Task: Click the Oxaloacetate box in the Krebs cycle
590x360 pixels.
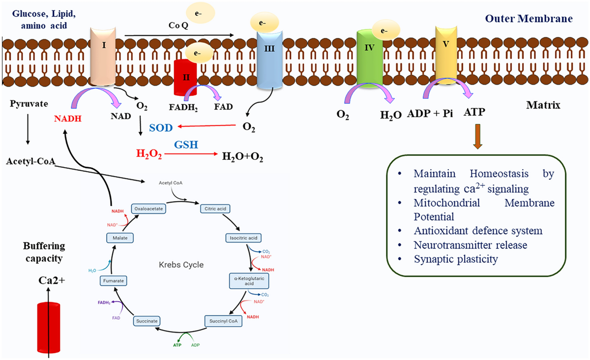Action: [148, 209]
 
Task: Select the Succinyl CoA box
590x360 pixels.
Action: [223, 321]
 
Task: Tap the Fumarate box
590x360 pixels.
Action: [114, 281]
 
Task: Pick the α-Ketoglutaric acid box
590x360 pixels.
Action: [249, 281]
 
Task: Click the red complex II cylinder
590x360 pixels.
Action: [185, 78]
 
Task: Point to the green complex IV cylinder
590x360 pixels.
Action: [370, 59]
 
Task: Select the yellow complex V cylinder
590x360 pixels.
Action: [446, 55]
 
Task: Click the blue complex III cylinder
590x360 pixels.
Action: [269, 60]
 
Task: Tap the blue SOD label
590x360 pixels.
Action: [161, 128]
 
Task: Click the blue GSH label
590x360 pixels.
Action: [186, 145]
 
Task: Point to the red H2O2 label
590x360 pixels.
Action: [149, 153]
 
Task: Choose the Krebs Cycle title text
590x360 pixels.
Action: [181, 265]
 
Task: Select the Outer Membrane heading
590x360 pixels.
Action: [529, 19]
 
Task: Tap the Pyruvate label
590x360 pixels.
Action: [29, 104]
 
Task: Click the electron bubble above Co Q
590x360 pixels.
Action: [201, 13]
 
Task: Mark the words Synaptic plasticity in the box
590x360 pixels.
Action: [456, 259]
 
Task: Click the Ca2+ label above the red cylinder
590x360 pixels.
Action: [52, 280]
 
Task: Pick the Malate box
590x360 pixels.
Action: [120, 238]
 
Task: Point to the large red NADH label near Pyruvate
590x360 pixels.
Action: [68, 119]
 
